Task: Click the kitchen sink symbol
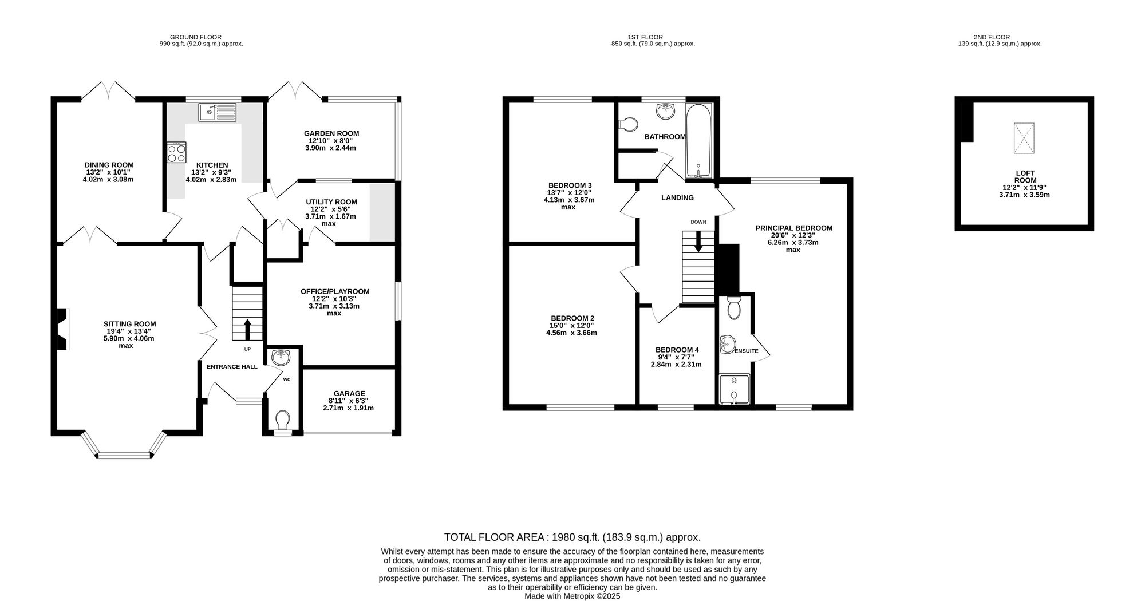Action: pos(217,113)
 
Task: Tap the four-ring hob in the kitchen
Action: pos(176,152)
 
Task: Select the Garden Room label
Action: pos(331,133)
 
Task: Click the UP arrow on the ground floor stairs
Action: pos(247,330)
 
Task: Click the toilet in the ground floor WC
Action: pos(282,421)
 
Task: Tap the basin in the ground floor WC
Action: pos(281,358)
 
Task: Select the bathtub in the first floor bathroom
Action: pos(698,141)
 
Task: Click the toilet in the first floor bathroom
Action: pos(629,124)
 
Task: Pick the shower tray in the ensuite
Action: pos(734,389)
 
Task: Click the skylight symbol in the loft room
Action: pos(1024,138)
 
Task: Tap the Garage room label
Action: pos(349,393)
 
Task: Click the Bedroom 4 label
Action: pos(677,350)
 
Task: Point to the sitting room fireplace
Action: pos(62,329)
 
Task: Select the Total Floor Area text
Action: pos(572,537)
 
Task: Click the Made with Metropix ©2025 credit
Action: pos(572,596)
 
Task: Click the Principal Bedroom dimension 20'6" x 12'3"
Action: pos(793,235)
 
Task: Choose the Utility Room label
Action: pos(331,202)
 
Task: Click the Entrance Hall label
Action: pos(232,367)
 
